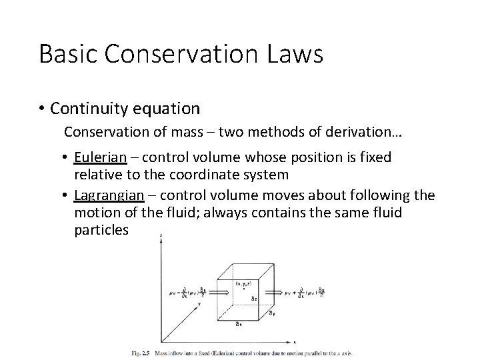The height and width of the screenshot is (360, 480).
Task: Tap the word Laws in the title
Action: [293, 54]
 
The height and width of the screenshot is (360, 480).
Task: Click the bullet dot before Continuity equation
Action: [41, 108]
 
